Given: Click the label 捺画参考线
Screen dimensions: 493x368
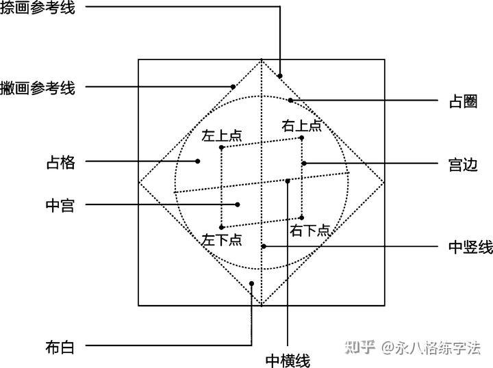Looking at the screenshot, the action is [38, 8].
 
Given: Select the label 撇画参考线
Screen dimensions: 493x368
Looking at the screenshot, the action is [38, 88].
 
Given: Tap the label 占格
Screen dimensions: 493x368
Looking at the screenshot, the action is [60, 163].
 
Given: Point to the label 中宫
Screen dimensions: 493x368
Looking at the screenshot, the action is [60, 205].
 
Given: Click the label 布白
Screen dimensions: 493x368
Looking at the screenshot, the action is [60, 347].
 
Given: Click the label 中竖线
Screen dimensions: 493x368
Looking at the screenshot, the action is [470, 247].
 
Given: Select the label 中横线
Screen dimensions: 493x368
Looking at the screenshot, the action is [288, 360].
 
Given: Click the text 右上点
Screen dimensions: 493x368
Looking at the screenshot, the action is [302, 125].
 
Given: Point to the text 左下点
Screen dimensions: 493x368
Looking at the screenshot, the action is [222, 239].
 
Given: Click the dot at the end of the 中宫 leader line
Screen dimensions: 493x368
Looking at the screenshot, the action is [238, 204].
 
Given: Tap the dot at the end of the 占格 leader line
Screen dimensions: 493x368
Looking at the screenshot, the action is [197, 162].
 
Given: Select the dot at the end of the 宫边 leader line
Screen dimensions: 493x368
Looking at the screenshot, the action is [304, 163].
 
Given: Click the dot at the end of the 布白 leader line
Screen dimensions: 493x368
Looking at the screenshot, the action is [252, 283].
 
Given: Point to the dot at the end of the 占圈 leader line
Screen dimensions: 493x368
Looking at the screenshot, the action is [290, 101].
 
